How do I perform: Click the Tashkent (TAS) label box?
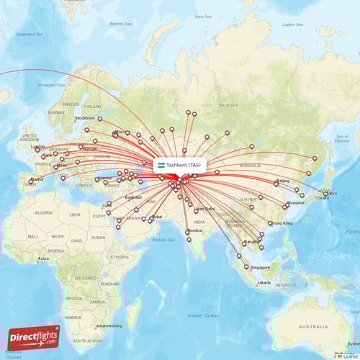(179, 165)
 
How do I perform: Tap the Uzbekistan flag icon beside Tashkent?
(161, 165)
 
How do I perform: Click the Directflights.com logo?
(34, 337)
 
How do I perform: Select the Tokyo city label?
(330, 193)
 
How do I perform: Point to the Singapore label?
(260, 267)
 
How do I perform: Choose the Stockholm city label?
(85, 118)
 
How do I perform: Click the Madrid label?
(37, 179)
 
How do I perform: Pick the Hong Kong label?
(282, 223)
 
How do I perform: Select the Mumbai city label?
(194, 231)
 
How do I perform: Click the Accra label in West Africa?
(43, 258)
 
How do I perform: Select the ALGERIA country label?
(45, 213)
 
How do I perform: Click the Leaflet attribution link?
(350, 356)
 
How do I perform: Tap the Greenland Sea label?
(30, 34)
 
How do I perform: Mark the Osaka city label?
(323, 198)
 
